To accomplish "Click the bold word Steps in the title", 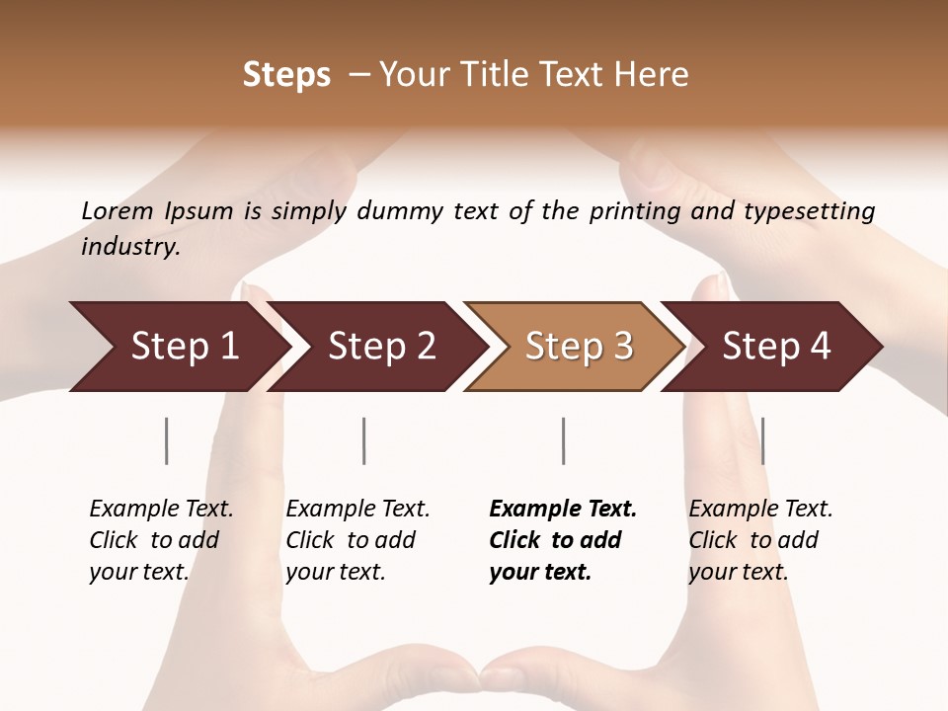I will point(286,75).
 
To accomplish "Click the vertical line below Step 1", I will point(167,440).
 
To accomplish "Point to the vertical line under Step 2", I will point(364,440).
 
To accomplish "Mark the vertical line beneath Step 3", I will point(564,440).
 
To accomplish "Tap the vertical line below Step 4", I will point(763,440).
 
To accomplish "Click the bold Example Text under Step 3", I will point(563,540).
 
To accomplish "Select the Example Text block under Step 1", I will point(161,540).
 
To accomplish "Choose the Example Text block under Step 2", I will point(357,540).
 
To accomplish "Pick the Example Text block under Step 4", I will point(760,540).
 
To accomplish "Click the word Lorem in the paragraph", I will point(118,211).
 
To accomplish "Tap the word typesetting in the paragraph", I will point(809,211).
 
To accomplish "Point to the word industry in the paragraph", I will point(129,247).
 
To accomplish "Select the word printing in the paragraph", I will point(646,211).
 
